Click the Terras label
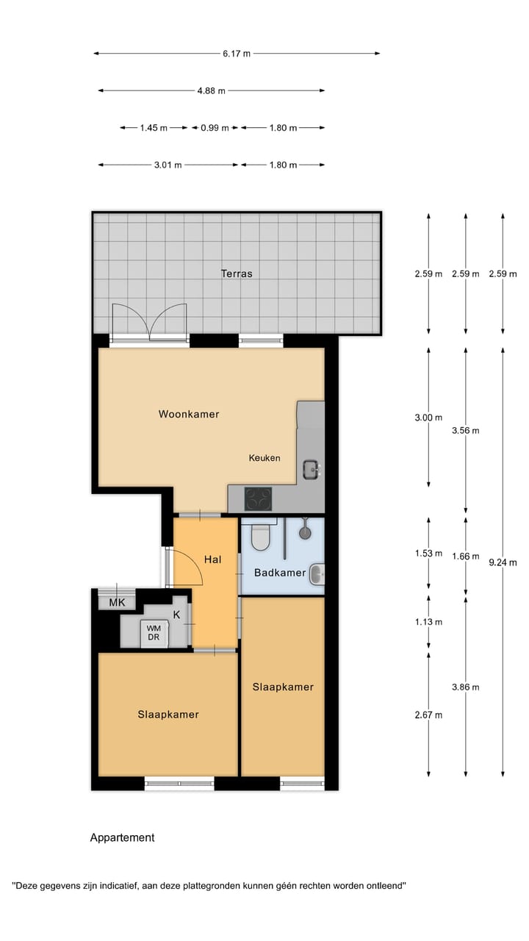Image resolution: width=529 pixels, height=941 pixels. tap(237, 273)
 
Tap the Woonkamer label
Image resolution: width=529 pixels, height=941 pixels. tap(189, 414)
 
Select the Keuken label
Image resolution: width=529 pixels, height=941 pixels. tap(264, 458)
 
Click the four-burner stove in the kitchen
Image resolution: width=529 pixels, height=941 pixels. tap(258, 498)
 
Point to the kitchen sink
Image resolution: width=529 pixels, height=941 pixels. tap(312, 468)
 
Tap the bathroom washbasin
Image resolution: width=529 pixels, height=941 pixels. tap(317, 573)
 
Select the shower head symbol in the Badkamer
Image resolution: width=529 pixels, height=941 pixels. tap(304, 527)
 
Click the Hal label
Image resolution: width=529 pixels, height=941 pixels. tap(213, 559)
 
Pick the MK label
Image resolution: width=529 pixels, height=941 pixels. tap(117, 604)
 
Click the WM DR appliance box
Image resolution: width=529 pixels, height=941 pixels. tap(154, 633)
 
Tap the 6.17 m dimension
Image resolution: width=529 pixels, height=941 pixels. tap(237, 54)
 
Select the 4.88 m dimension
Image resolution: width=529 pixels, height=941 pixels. tap(211, 90)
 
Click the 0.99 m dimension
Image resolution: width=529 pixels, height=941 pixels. tap(215, 128)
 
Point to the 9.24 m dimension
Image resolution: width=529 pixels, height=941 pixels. tap(503, 562)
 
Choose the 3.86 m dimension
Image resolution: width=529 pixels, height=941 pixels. tap(465, 687)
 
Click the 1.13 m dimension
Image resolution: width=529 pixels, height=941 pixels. tap(428, 622)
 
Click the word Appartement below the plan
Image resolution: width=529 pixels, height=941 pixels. tap(122, 837)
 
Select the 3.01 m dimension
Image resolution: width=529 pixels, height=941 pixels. tap(168, 165)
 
